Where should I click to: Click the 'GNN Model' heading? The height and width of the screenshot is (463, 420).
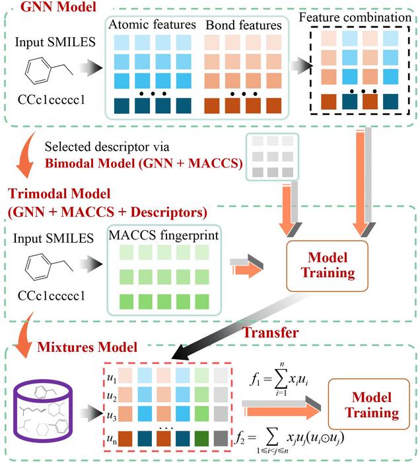[x=58, y=7]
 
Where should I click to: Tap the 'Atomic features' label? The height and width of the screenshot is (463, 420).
[x=152, y=24]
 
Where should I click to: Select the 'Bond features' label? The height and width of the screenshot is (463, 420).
[x=244, y=25]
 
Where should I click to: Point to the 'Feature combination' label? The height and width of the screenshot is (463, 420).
[x=355, y=17]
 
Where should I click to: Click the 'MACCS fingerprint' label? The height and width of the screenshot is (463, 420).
[x=164, y=235]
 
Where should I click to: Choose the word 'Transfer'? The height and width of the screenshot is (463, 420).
[x=270, y=333]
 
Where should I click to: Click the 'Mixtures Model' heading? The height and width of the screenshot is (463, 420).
[x=87, y=347]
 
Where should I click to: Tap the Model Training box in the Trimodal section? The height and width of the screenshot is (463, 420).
[x=328, y=266]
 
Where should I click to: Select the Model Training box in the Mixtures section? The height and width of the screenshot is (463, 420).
[x=368, y=404]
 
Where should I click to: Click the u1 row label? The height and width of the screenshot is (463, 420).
[x=112, y=378]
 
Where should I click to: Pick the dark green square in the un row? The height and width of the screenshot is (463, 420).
[x=202, y=439]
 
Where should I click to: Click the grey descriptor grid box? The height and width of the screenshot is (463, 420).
[x=272, y=157]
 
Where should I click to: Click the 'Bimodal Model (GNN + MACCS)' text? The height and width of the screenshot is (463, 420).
[x=144, y=163]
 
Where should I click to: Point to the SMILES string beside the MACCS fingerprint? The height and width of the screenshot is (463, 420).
[x=52, y=296]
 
